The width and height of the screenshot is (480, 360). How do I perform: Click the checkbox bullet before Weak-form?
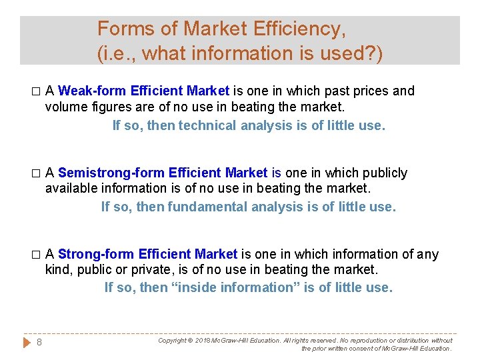click(36, 91)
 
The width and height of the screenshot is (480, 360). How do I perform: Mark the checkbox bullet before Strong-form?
click(36, 255)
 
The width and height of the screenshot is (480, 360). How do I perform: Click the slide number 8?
click(39, 342)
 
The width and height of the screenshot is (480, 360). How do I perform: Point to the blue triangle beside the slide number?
click(27, 342)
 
